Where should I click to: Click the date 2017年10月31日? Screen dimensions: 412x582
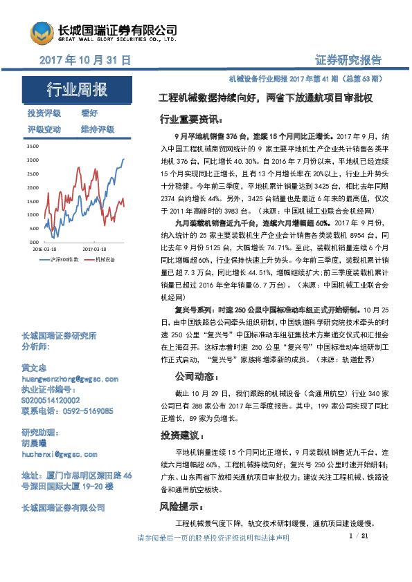tap(85, 60)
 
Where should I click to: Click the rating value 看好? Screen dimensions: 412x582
tap(89, 113)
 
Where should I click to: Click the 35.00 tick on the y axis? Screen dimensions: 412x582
tap(33, 147)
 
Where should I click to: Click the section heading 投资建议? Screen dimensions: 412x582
tap(182, 435)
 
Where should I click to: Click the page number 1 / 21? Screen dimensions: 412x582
tap(359, 536)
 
